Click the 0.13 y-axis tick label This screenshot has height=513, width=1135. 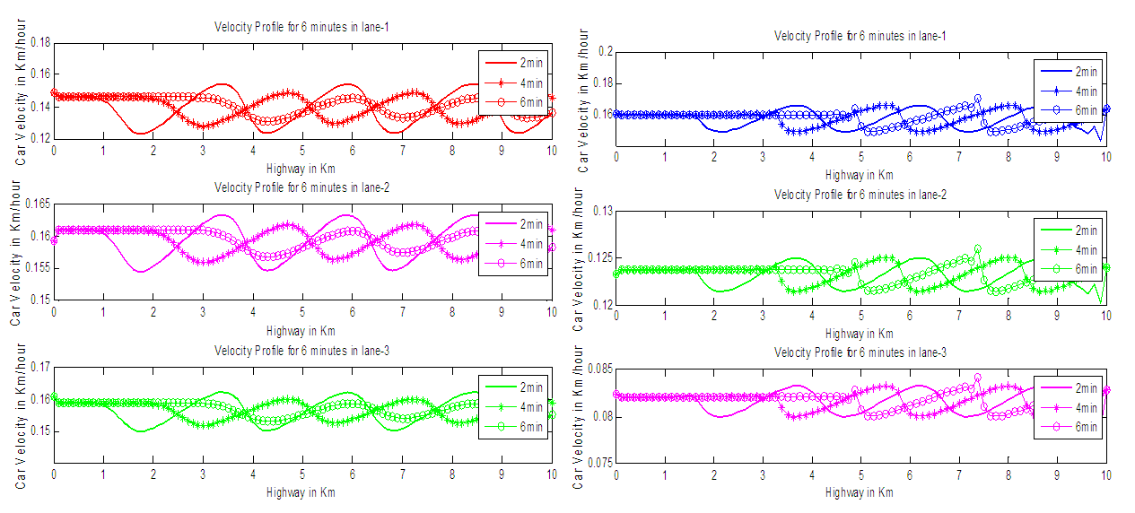[x=599, y=211]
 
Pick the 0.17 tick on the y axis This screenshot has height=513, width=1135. [x=38, y=367]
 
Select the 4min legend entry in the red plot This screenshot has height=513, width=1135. [x=531, y=83]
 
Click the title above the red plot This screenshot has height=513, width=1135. [x=301, y=27]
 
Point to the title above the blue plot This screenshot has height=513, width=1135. [x=861, y=35]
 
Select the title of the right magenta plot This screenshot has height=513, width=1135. [x=861, y=352]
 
